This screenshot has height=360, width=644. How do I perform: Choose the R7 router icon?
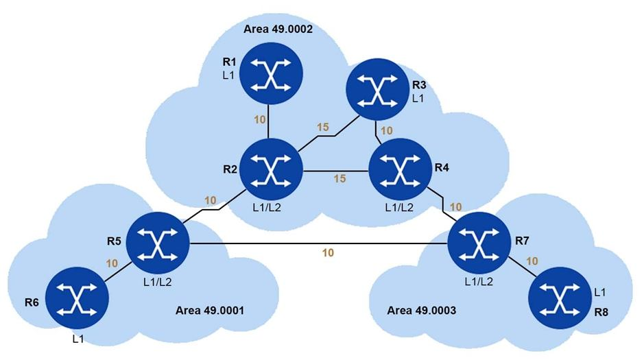[477, 243]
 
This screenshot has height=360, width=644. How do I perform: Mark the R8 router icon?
[560, 300]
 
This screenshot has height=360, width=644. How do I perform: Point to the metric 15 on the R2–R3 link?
[324, 128]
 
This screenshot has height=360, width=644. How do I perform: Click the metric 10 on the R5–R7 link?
[328, 253]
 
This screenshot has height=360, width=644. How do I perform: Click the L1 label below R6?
[77, 339]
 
